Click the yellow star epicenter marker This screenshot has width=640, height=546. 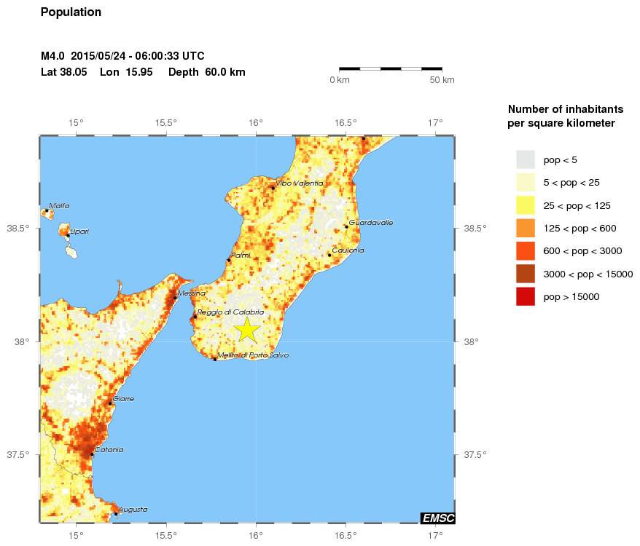(x=247, y=329)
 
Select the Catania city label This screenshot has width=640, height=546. (x=109, y=450)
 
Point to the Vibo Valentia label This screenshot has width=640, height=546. (x=299, y=183)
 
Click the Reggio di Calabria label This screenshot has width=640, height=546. (x=230, y=312)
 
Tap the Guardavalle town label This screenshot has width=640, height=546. (x=371, y=223)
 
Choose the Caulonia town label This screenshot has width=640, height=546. (x=348, y=250)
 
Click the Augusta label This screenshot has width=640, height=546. (x=133, y=510)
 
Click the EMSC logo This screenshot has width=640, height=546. (x=438, y=518)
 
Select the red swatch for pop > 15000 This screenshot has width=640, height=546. (x=525, y=297)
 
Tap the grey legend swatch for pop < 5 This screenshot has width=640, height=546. (x=525, y=159)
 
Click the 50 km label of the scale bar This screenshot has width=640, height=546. (x=442, y=80)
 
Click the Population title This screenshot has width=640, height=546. (x=71, y=12)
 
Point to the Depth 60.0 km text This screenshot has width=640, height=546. (x=206, y=72)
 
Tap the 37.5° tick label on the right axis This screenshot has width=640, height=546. (x=476, y=455)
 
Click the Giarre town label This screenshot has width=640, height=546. (x=123, y=399)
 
